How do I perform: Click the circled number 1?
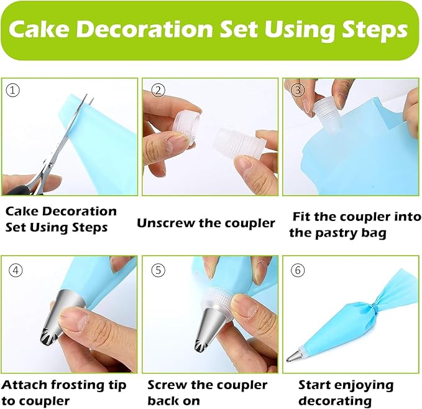[12, 91]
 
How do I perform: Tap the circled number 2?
[158, 90]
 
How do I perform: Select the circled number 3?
[298, 90]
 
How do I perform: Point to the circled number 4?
[16, 270]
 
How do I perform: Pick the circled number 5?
[158, 270]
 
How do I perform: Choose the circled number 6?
[298, 270]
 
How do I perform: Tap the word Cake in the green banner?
[39, 29]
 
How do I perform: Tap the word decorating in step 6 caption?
[335, 401]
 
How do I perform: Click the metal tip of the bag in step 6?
[294, 355]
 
